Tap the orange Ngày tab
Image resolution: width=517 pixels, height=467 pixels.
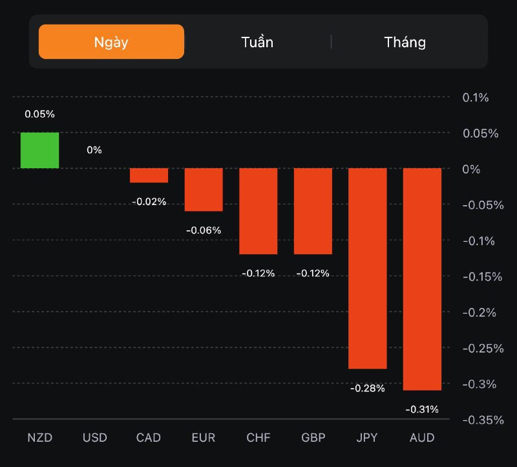(111, 42)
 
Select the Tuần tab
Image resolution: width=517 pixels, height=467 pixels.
(257, 42)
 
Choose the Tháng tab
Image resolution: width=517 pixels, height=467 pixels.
(405, 42)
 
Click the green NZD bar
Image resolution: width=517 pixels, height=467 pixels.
(39, 150)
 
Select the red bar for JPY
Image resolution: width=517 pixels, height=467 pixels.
(368, 268)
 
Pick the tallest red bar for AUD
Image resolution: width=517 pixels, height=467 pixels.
(422, 279)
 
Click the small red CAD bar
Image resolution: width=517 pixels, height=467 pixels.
(149, 175)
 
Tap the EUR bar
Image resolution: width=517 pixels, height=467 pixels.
(204, 190)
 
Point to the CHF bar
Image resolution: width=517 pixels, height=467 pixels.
(258, 211)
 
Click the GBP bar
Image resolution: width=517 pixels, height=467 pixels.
(313, 211)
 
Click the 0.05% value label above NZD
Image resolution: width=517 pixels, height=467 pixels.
(39, 114)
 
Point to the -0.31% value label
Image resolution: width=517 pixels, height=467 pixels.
(422, 409)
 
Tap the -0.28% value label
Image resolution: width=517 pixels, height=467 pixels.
(368, 388)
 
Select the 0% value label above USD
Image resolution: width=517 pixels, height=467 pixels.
(94, 150)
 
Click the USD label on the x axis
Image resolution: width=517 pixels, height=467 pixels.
(94, 438)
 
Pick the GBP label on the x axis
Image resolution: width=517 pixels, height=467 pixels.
(313, 438)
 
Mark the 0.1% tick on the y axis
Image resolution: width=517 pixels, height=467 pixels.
(476, 98)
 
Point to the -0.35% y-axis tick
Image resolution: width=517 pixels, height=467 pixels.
(482, 420)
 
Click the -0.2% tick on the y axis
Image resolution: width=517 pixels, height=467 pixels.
(479, 312)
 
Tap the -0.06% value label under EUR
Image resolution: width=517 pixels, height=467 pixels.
(204, 230)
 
